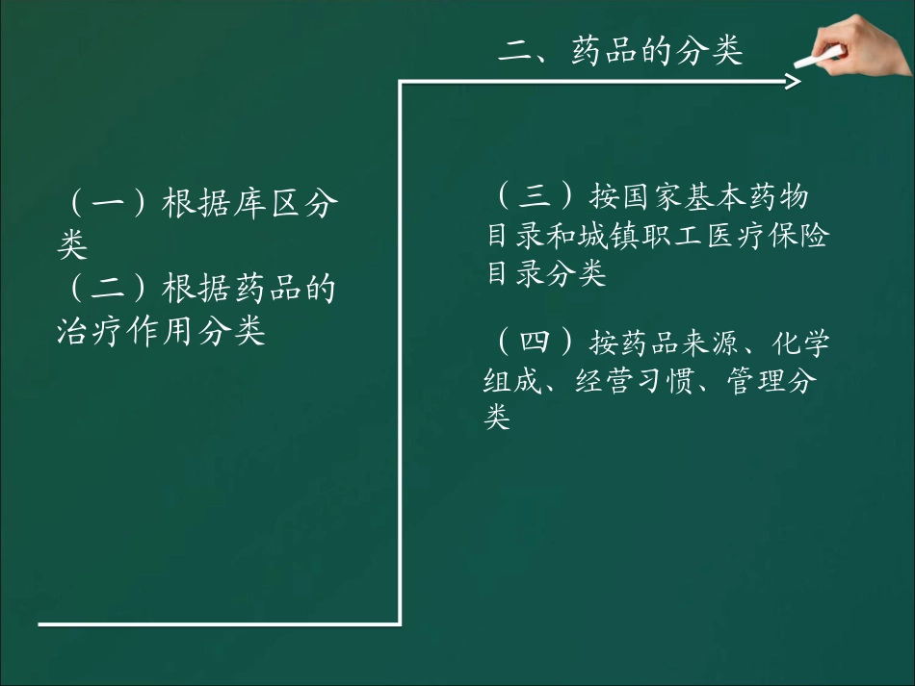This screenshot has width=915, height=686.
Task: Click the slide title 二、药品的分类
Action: (620, 51)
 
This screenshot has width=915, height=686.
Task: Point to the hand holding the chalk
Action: (862, 43)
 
